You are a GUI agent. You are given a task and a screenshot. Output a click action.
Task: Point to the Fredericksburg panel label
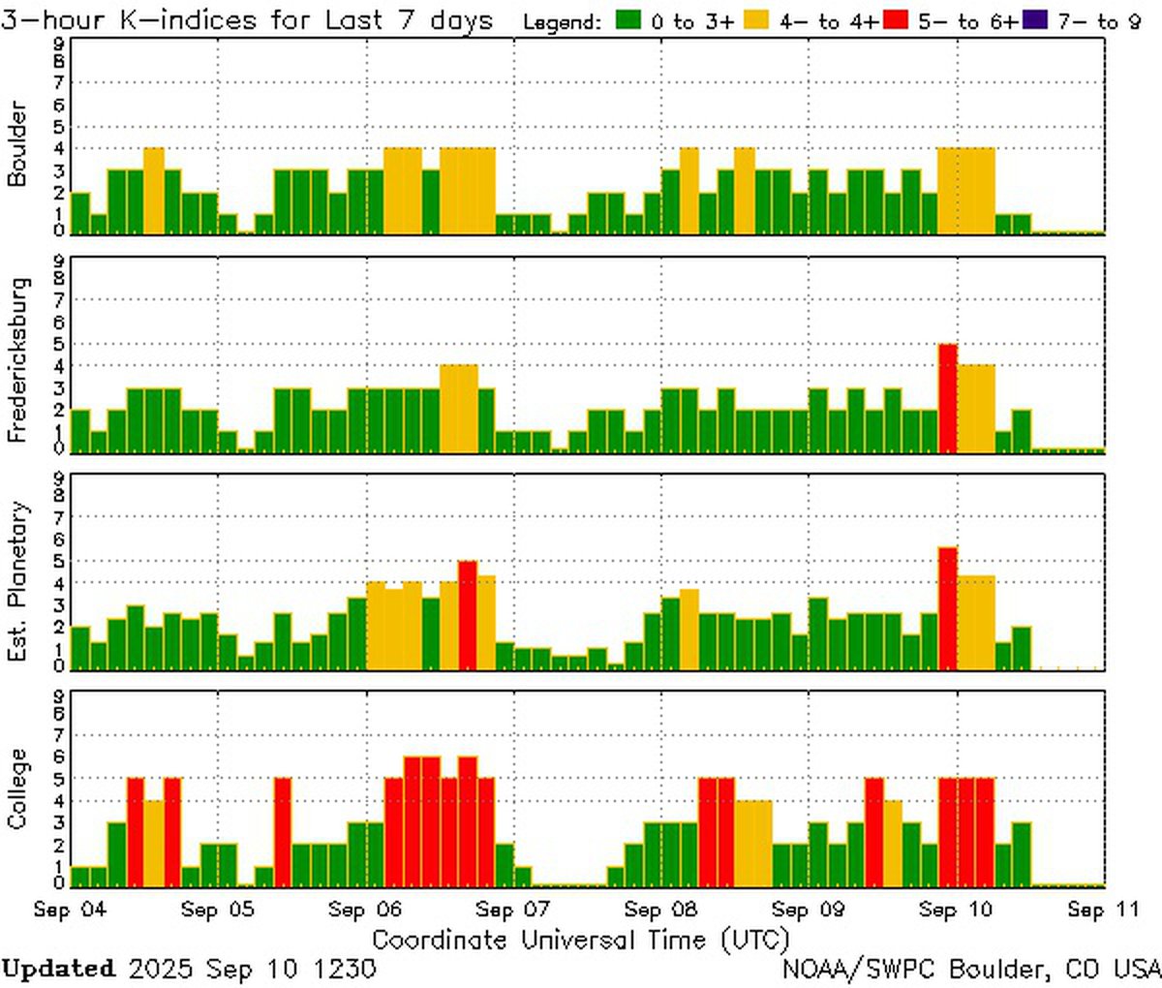pos(16,360)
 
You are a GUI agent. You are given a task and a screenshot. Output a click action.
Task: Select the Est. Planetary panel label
pos(16,581)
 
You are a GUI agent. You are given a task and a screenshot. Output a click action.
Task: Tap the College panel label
pos(16,789)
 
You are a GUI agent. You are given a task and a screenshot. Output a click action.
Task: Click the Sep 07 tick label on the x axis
pos(513,910)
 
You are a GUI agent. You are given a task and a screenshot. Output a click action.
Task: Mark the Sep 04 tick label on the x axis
pos(70,910)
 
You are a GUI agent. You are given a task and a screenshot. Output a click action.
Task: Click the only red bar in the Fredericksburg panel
pos(947,397)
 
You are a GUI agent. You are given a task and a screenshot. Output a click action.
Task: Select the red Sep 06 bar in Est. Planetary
pos(467,615)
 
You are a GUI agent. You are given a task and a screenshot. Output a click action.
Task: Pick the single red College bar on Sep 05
pos(283,831)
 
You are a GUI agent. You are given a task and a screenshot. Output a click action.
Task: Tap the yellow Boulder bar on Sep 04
pos(153,191)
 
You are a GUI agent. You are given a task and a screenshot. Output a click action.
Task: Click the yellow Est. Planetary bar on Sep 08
pos(688,629)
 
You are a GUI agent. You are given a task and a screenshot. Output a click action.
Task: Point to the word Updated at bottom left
pos(58,969)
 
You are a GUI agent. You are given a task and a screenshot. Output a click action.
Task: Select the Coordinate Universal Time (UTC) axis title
pos(580,940)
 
